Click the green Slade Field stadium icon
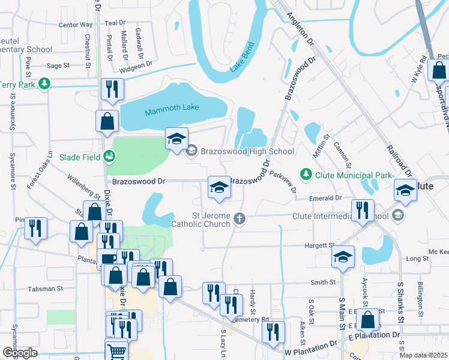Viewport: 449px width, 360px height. pos(109,157)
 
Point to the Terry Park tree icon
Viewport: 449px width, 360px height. pos(44,84)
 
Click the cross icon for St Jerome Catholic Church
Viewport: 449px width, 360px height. pos(240,218)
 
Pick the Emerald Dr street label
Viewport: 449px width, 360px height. pos(325,197)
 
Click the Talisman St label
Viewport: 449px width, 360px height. pos(46,289)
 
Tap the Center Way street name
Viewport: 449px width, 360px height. pos(75,25)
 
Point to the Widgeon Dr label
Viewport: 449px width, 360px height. pos(136,65)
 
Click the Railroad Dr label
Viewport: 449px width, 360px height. pos(398,160)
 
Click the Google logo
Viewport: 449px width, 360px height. pos(20,353)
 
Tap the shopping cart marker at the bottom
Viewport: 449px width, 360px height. pos(116,350)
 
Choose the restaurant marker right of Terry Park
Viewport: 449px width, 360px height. pos(112,89)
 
